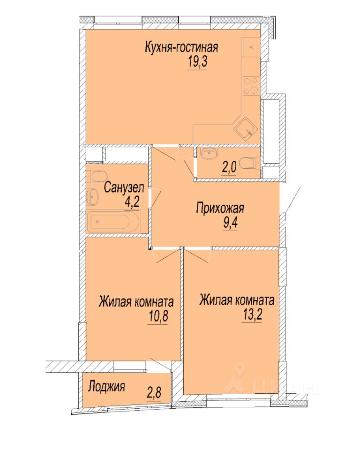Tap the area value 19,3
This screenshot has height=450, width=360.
pos(197,61)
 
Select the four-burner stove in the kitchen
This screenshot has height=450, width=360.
pos(251,85)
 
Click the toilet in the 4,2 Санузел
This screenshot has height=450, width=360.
pos(96,176)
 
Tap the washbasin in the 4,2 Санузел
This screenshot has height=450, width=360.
pos(93,196)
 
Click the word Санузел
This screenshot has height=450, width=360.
pos(124,187)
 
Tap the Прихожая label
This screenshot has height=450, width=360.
pos(220,208)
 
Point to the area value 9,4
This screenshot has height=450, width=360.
pos(230,223)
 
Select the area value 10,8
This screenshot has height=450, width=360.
pos(158,316)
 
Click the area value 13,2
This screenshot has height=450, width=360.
pos(252,315)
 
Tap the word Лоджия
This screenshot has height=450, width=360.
pos(106,386)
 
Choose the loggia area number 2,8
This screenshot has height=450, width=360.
pos(154,393)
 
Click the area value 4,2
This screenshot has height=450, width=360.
pos(132,202)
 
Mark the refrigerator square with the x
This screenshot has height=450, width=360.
pos(251,47)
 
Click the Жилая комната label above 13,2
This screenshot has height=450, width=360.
pos(237,300)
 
